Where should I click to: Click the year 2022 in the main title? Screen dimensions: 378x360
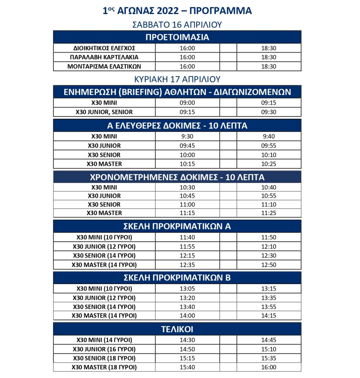(167, 11)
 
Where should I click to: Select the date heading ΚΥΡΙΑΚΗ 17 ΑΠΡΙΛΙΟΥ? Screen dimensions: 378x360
(177, 79)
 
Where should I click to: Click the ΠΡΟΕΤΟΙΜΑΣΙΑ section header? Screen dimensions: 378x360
(177, 37)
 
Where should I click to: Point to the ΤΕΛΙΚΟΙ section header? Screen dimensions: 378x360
(177, 329)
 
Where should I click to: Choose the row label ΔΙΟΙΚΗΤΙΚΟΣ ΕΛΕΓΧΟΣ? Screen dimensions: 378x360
(104, 48)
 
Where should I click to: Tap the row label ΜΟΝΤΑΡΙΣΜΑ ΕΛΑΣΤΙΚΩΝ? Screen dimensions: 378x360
(104, 67)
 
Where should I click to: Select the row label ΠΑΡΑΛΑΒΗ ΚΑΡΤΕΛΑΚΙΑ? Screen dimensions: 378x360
(104, 57)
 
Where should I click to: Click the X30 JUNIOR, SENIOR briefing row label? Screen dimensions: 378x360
(104, 112)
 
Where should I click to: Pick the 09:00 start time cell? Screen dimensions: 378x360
(187, 103)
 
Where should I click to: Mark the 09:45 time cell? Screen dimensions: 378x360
(187, 146)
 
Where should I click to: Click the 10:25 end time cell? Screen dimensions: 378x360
(269, 164)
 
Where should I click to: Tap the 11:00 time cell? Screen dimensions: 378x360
(187, 204)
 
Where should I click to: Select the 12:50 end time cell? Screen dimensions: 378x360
(269, 265)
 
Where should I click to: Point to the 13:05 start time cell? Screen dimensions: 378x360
(187, 288)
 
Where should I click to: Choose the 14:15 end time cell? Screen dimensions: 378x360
(269, 315)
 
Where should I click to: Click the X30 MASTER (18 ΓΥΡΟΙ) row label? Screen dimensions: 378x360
(104, 367)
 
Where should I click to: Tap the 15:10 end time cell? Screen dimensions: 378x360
(269, 349)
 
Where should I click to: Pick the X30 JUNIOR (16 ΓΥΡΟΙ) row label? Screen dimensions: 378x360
(104, 349)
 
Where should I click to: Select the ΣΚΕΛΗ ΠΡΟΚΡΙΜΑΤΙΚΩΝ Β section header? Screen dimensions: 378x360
(177, 278)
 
